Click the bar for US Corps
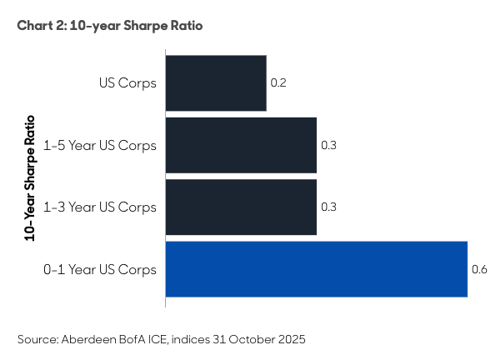pyautogui.click(x=216, y=83)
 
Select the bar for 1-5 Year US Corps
pyautogui.click(x=241, y=145)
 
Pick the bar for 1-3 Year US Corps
pyautogui.click(x=241, y=206)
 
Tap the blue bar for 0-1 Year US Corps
pyautogui.click(x=316, y=268)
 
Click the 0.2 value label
pyautogui.click(x=278, y=83)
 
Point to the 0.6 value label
pyautogui.click(x=478, y=269)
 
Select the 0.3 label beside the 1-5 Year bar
pyautogui.click(x=328, y=145)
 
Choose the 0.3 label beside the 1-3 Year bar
pyautogui.click(x=328, y=207)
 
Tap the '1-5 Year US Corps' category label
pyautogui.click(x=101, y=145)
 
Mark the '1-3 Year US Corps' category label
pyautogui.click(x=101, y=207)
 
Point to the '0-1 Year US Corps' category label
pyautogui.click(x=101, y=269)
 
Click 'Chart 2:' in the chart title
pyautogui.click(x=41, y=26)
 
